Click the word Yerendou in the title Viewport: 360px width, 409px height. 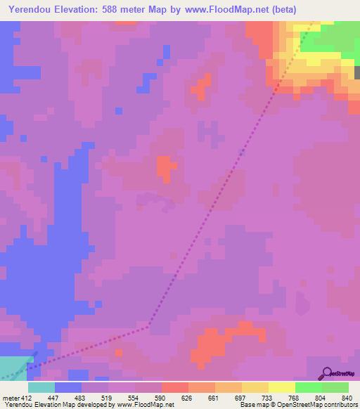[x=34, y=10]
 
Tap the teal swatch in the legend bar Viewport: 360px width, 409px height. [x=41, y=387]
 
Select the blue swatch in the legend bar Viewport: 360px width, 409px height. [x=67, y=387]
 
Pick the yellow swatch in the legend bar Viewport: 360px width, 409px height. [x=255, y=387]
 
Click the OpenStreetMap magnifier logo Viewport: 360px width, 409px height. [x=327, y=372]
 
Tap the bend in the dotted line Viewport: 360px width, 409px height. [x=149, y=326]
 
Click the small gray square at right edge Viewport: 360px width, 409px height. [x=357, y=72]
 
